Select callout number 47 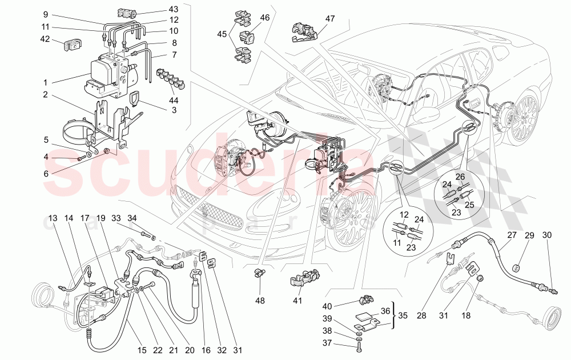(330, 19)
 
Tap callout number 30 (547, 235)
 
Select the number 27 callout (511, 235)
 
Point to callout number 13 (53, 218)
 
